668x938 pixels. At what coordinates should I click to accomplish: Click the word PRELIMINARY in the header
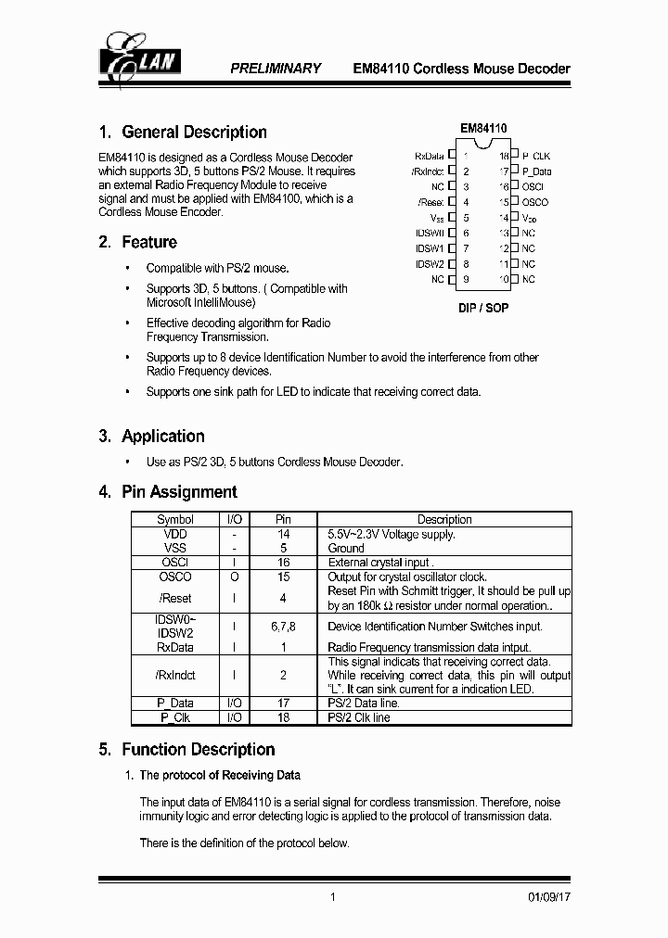tap(275, 69)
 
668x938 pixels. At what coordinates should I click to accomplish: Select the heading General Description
tap(194, 133)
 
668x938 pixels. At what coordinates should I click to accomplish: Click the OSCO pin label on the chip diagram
tap(535, 202)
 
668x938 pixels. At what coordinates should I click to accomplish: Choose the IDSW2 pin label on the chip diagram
tap(430, 264)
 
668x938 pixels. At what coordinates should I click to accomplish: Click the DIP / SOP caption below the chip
tap(483, 308)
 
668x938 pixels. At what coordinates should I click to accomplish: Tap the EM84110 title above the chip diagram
tap(483, 129)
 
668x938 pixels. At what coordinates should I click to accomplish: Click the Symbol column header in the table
tap(175, 520)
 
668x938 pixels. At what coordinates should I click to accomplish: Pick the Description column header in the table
tap(444, 520)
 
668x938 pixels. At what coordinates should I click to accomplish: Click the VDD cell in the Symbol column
tap(175, 535)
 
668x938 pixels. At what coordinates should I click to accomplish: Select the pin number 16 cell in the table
tap(284, 563)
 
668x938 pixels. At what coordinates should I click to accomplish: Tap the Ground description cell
tap(346, 549)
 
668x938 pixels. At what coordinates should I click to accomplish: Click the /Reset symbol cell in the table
tap(175, 598)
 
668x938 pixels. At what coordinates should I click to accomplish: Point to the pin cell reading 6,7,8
tap(284, 627)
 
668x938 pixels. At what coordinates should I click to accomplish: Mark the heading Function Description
tap(199, 750)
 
